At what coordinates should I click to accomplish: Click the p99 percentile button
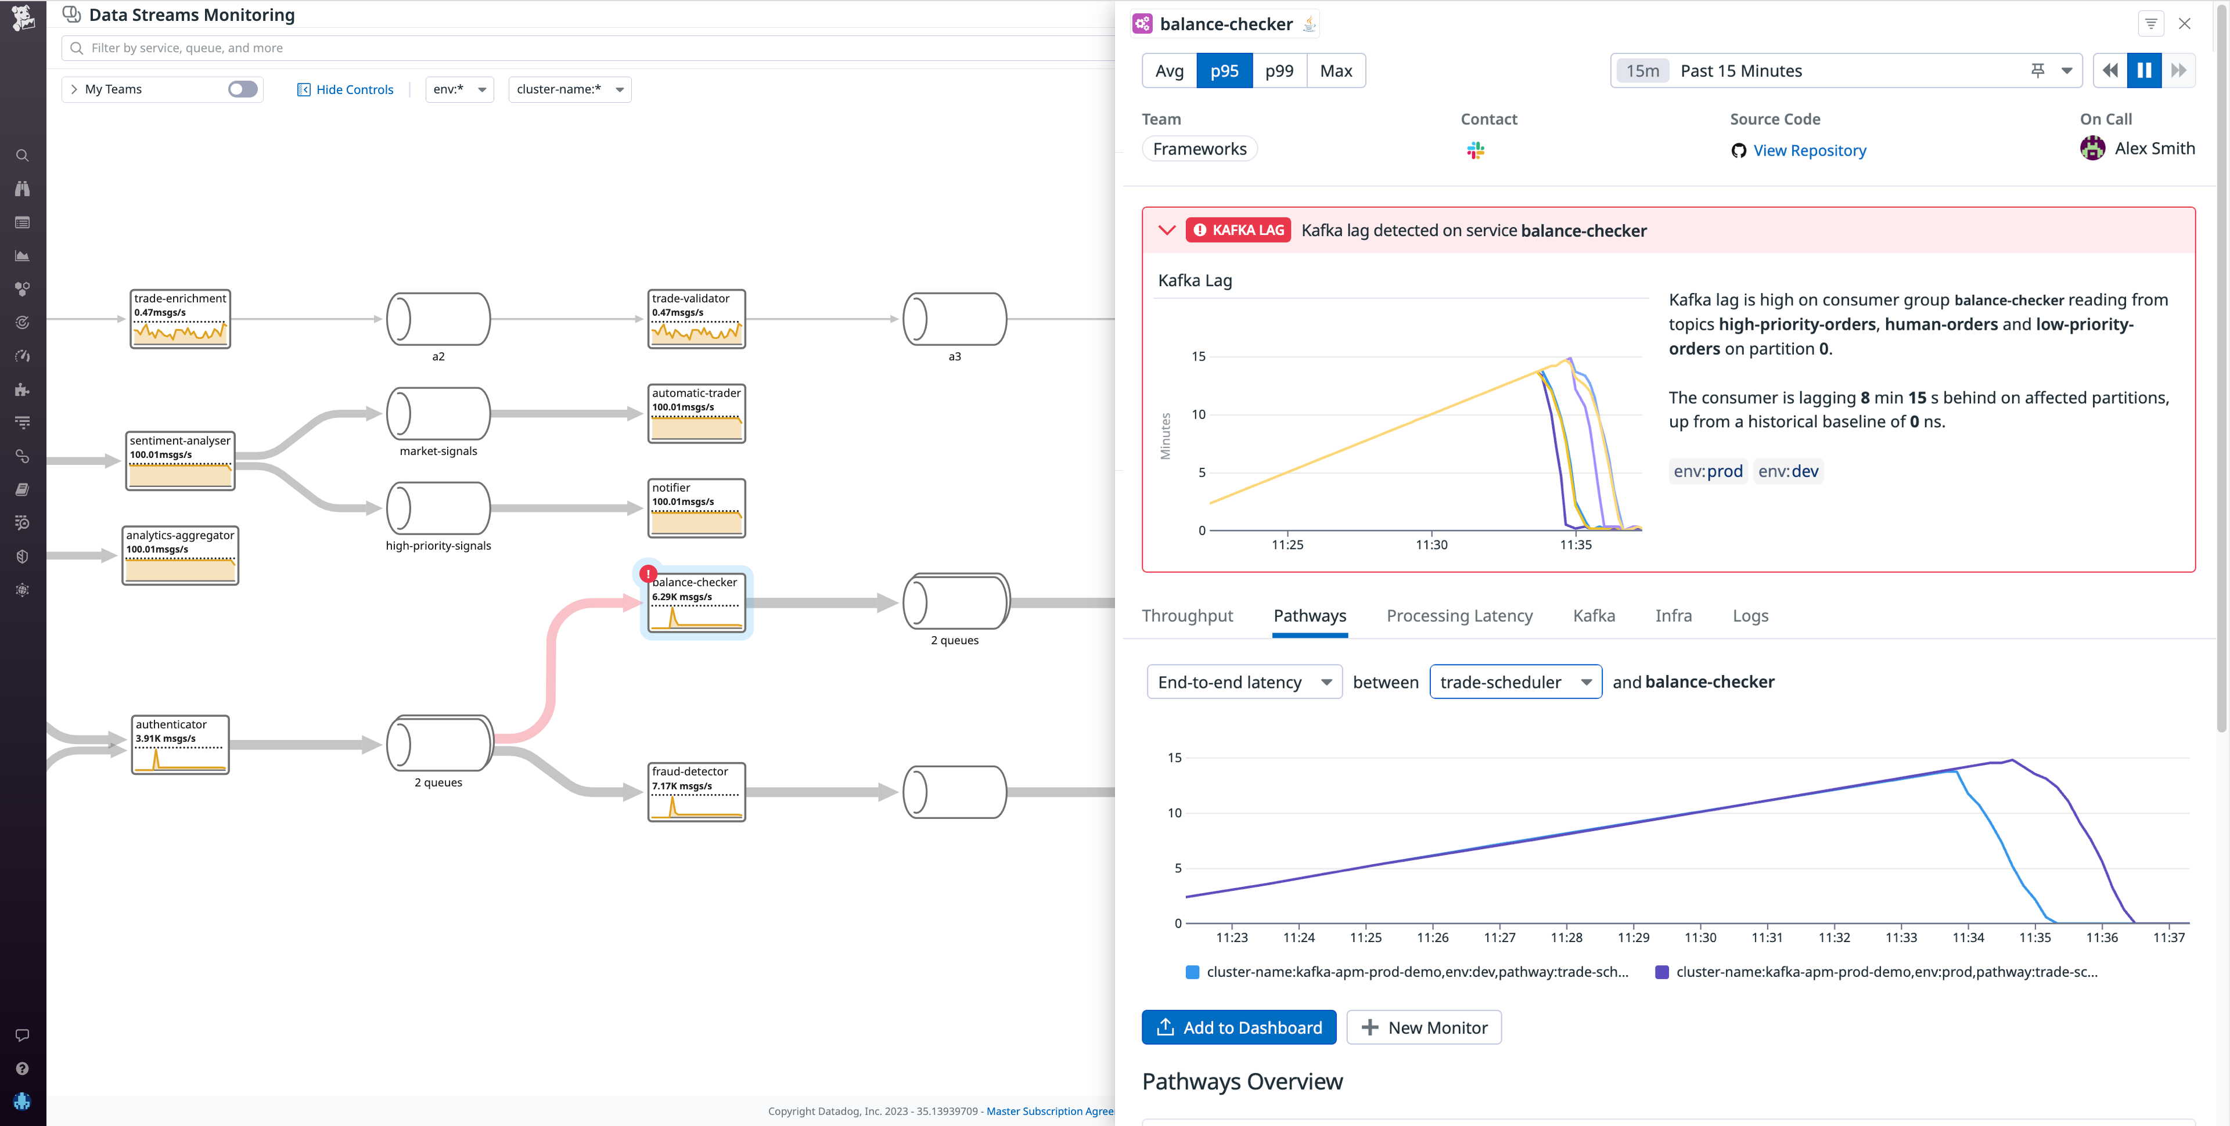click(x=1279, y=71)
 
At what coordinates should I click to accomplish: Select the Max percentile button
click(x=1335, y=71)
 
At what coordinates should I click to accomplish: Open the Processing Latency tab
click(x=1459, y=615)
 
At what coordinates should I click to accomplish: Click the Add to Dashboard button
click(x=1238, y=1027)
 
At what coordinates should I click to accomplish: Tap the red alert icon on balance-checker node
click(x=648, y=573)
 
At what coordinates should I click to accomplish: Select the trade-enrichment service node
click(x=180, y=319)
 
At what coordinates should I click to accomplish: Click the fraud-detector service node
click(x=696, y=792)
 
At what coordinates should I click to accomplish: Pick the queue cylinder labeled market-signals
click(x=438, y=414)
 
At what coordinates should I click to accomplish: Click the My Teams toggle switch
click(x=242, y=89)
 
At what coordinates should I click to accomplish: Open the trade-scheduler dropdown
click(x=1515, y=682)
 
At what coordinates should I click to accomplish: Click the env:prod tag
click(x=1707, y=471)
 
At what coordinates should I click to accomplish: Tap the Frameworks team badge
click(x=1199, y=149)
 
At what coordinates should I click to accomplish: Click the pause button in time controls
click(x=2143, y=71)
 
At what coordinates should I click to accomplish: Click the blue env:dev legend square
click(x=1192, y=972)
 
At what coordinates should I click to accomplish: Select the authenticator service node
click(x=180, y=744)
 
